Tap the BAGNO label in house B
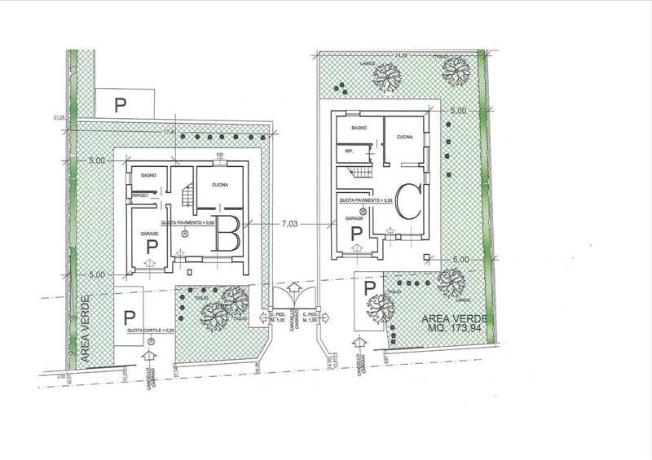pos(148,176)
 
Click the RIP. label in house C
pos(350,151)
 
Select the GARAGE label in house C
pos(355,218)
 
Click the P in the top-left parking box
pos(121,104)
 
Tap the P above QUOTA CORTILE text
pos(129,316)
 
